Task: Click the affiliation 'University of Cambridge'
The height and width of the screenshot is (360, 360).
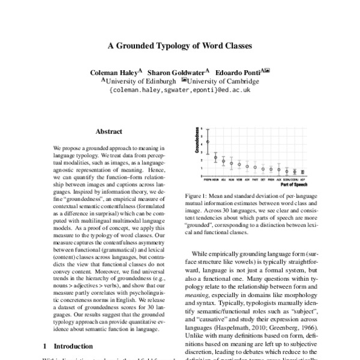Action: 224,80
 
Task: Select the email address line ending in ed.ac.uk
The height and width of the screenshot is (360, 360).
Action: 179,89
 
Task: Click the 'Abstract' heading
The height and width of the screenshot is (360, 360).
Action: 109,131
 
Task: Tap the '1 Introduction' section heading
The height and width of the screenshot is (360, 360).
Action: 68,346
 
